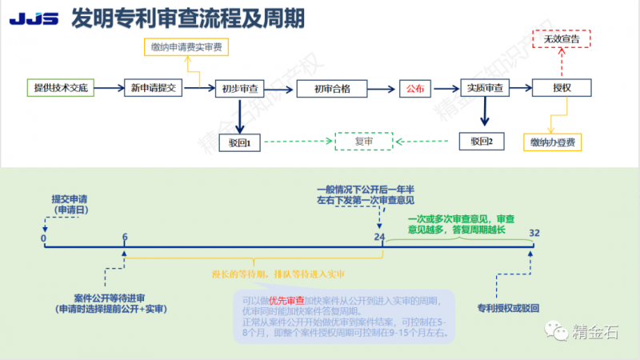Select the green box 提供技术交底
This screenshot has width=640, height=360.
coord(61,87)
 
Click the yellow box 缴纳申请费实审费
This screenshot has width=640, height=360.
coord(186,47)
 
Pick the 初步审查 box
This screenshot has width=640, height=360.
coord(241,88)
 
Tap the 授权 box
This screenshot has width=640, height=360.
coord(561,88)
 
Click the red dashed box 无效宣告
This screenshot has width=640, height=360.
coord(561,38)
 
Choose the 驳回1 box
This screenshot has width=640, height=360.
coord(240,142)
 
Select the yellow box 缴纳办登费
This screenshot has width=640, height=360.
coord(552,142)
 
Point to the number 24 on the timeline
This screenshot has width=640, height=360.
coord(380,236)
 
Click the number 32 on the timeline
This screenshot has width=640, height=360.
coord(534,233)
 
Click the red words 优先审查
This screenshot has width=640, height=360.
coord(286,301)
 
